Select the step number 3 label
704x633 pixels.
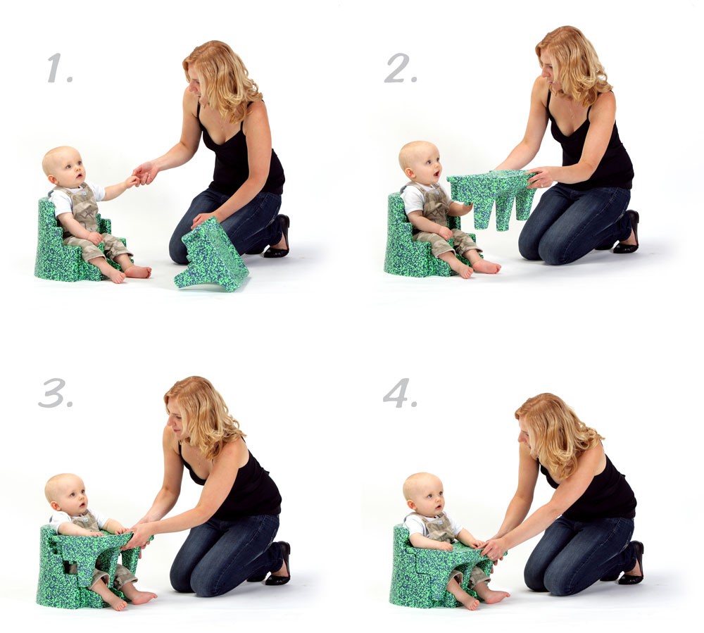[55, 394]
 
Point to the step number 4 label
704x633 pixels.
[399, 393]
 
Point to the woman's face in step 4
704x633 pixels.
[525, 434]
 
